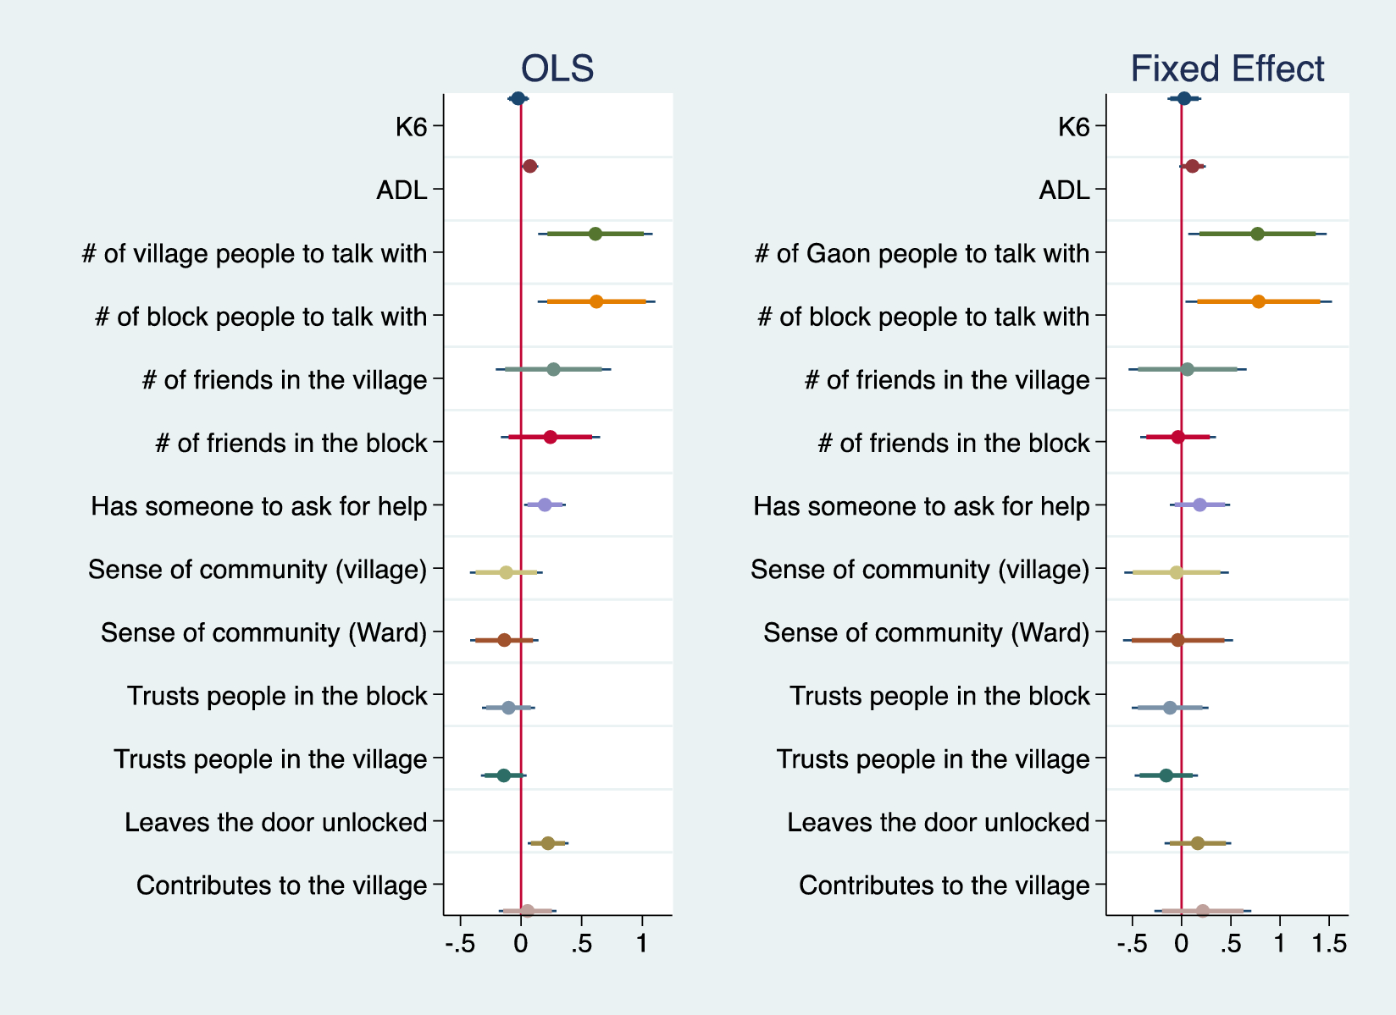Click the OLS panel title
pos(557,69)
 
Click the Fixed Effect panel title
pos(1227,69)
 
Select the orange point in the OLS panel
pos(596,301)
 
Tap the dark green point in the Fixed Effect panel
pos(1257,234)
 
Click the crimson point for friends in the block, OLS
pos(550,437)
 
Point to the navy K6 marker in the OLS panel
pos(518,98)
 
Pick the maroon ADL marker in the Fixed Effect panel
pos(1193,166)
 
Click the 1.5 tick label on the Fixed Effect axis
pos(1329,944)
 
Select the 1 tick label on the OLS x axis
pos(642,944)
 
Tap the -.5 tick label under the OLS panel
pos(460,944)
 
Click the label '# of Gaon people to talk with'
pos(922,253)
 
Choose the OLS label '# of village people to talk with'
pos(254,253)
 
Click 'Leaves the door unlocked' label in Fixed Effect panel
pos(938,822)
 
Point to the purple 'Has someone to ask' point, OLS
pos(545,505)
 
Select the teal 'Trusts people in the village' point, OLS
pos(504,775)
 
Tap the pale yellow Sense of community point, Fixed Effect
pos(1176,572)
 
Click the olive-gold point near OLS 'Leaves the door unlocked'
pos(548,843)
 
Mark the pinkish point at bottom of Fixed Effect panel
pos(1203,911)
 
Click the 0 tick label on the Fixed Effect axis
pos(1181,944)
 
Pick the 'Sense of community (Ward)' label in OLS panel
pos(263,632)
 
